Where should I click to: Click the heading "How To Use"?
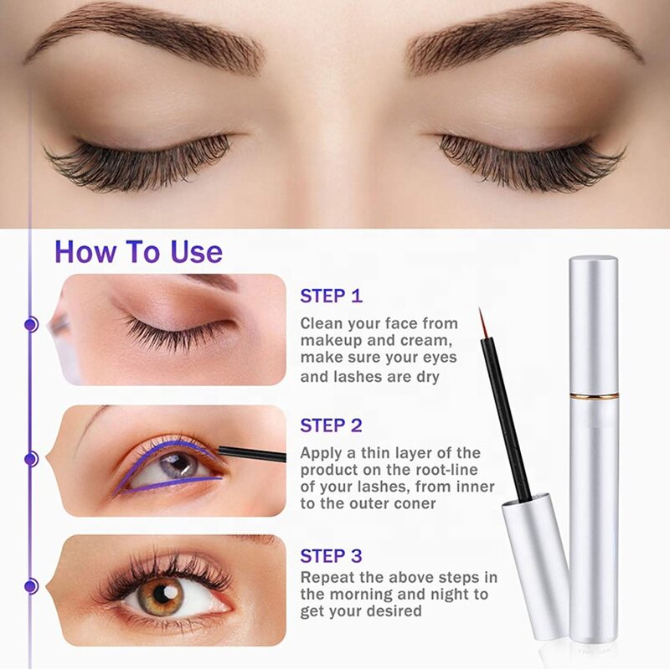[138, 251]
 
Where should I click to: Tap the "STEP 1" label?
[332, 296]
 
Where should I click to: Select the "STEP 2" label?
[332, 426]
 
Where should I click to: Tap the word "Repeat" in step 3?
[328, 578]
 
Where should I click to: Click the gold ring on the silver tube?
[594, 395]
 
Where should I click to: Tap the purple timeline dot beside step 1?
[32, 323]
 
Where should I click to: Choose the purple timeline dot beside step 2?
[32, 458]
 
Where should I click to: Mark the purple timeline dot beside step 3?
[32, 586]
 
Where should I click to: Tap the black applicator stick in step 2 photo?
[251, 454]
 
